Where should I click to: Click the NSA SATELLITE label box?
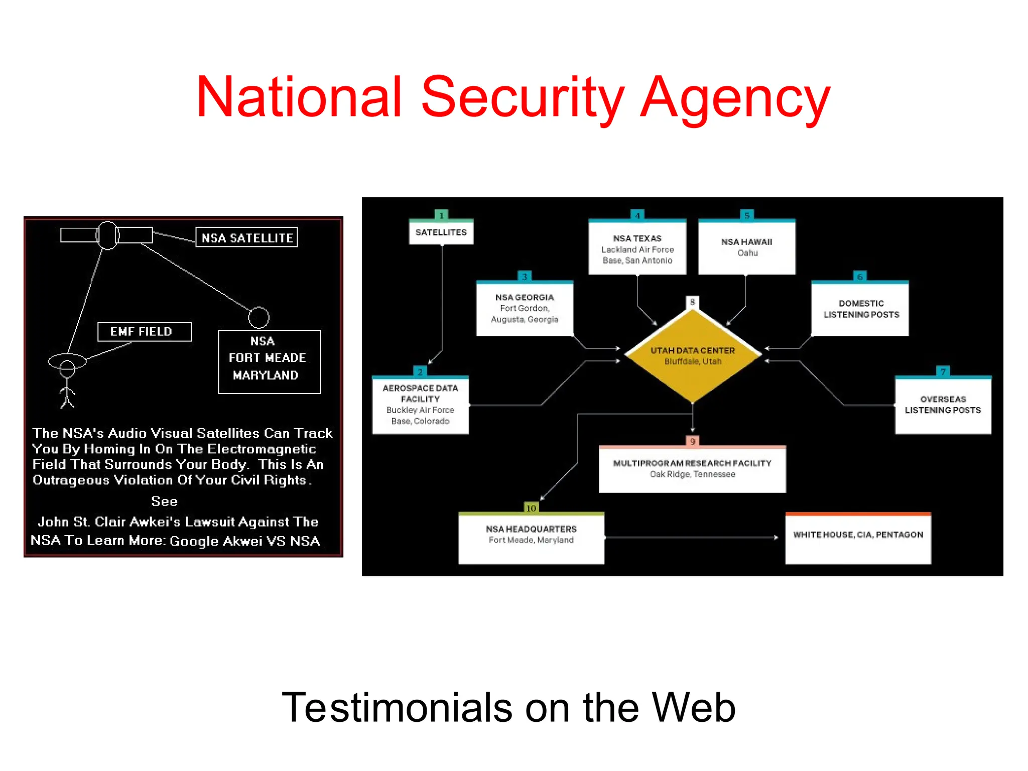[x=246, y=237]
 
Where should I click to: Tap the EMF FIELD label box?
[x=144, y=332]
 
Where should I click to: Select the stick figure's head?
[x=67, y=369]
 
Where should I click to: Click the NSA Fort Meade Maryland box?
[x=269, y=361]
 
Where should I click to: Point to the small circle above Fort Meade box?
[x=259, y=317]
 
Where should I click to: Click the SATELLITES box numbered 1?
[x=441, y=232]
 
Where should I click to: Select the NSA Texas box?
[x=637, y=249]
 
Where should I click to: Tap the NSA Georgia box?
[x=524, y=308]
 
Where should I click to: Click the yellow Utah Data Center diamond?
[x=693, y=355]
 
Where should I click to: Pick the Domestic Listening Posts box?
[x=860, y=309]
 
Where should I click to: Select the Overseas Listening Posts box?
[x=943, y=405]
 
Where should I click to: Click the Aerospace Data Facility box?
[x=420, y=405]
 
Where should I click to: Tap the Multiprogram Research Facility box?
[x=692, y=469]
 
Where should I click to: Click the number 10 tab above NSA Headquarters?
[x=531, y=508]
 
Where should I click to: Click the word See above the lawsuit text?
[x=164, y=501]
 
